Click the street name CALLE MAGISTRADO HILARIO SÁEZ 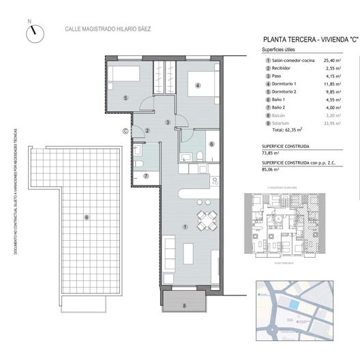point(107,29)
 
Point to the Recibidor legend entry point(286,70)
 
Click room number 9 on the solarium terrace point(86,217)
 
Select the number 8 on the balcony point(184,305)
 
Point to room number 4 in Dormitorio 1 point(197,85)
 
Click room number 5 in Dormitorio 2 point(126,98)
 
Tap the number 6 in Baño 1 point(212,144)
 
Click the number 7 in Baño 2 point(146,177)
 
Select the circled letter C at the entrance point(125,132)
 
